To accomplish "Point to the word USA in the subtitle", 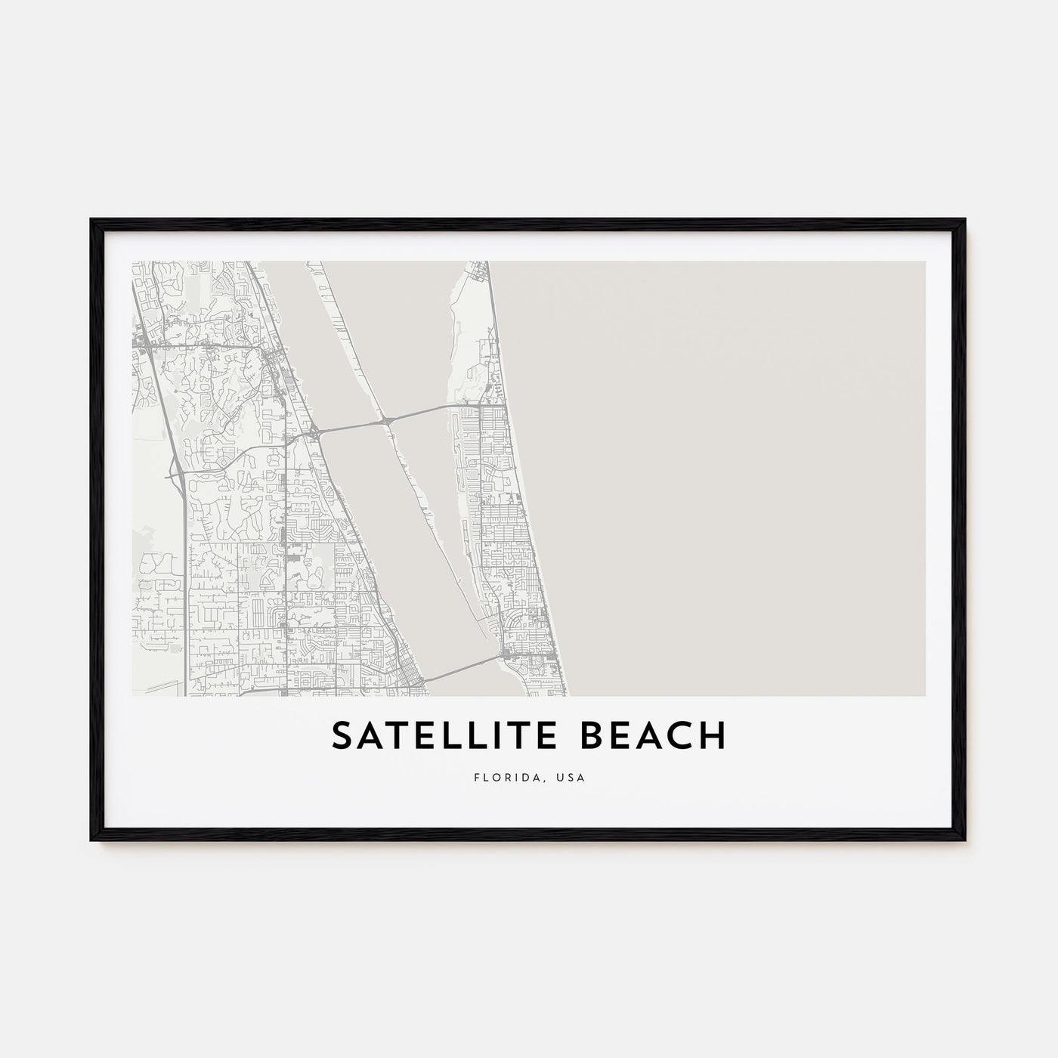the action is (x=572, y=777).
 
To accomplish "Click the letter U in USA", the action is (x=563, y=777).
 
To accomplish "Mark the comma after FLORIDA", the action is (x=546, y=780).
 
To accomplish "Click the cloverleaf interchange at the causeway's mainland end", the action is (x=315, y=433).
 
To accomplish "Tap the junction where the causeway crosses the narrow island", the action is (x=387, y=419).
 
